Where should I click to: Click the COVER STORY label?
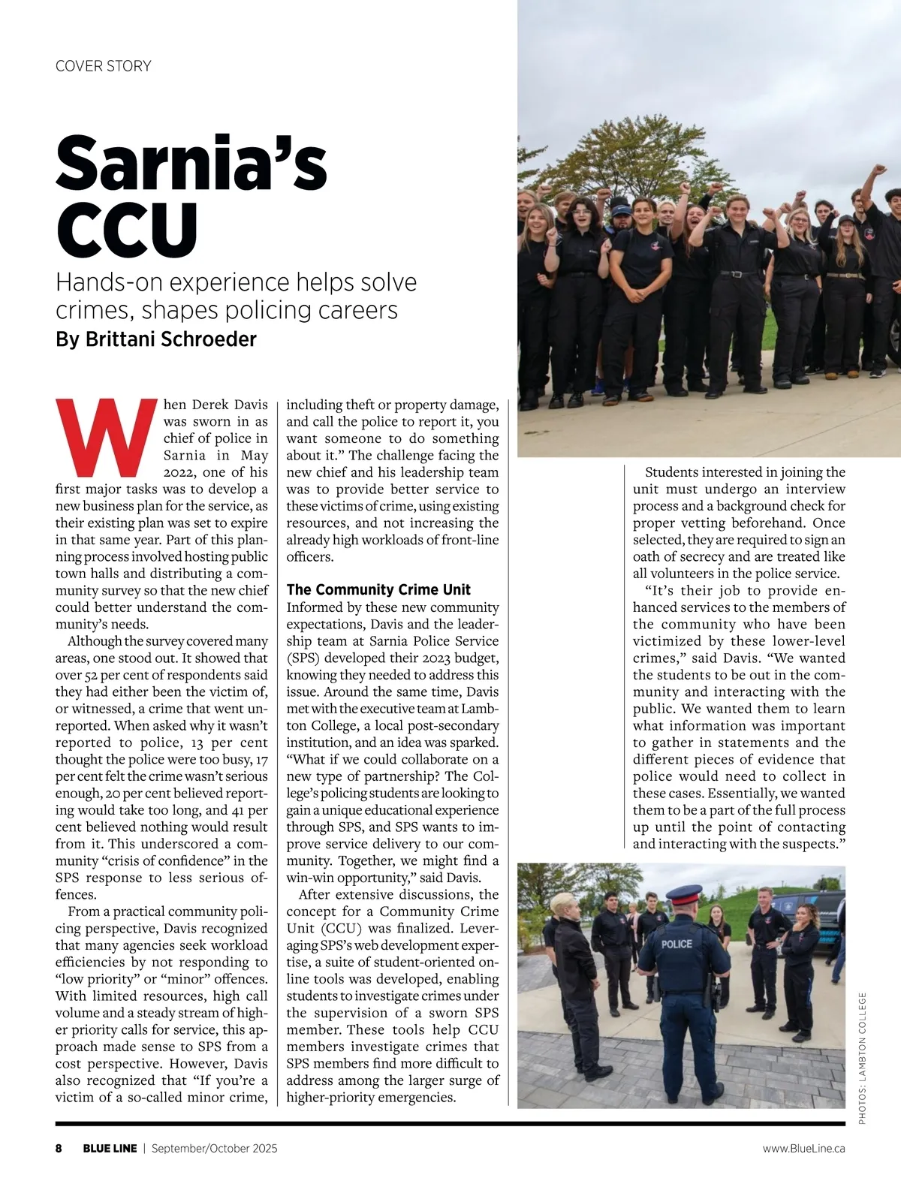[103, 66]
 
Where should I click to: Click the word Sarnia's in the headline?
[191, 164]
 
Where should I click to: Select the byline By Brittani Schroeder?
[155, 339]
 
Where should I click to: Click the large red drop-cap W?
[106, 438]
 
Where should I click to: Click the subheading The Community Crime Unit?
[378, 589]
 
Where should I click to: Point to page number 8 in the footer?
[59, 1148]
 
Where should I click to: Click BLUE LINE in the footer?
[110, 1148]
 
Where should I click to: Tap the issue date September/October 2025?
[214, 1148]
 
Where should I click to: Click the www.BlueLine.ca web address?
[803, 1148]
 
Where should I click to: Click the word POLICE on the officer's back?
[677, 943]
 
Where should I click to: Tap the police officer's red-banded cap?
[683, 894]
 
